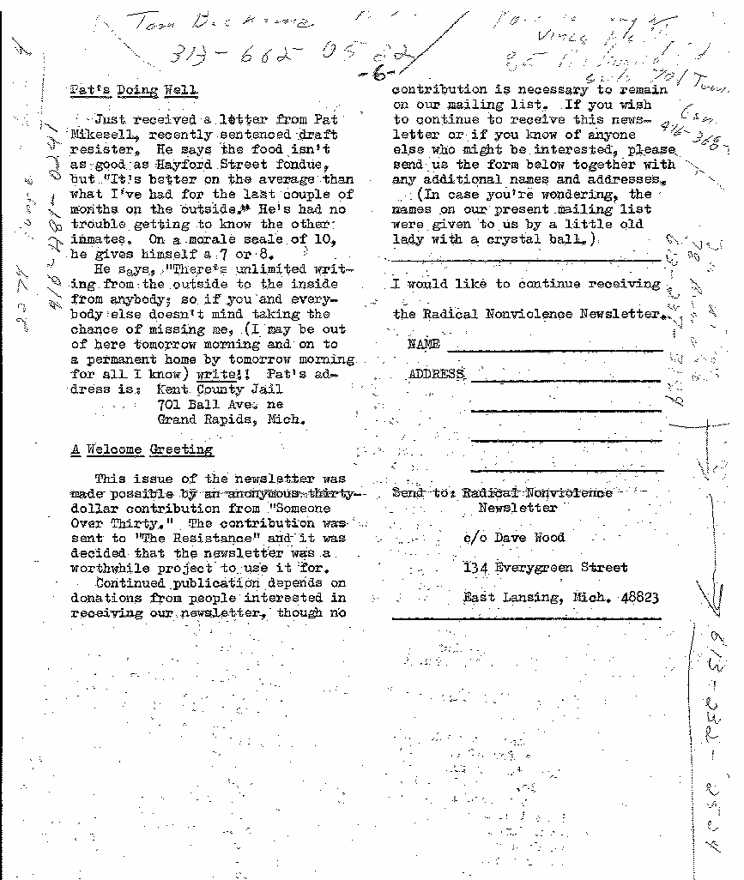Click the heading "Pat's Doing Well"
(x=134, y=90)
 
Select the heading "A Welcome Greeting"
(x=142, y=449)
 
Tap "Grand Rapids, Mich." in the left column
(x=231, y=419)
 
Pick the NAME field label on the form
(x=424, y=344)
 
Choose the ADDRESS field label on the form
(x=436, y=374)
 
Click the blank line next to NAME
(x=554, y=349)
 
